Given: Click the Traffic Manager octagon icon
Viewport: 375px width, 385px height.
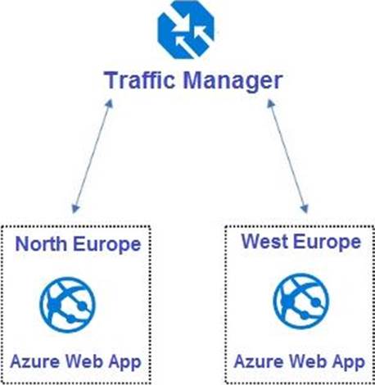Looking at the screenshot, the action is click(186, 29).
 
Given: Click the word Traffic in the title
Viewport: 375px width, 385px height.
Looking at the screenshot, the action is click(140, 80).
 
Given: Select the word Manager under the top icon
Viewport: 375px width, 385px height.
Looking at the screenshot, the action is click(233, 82).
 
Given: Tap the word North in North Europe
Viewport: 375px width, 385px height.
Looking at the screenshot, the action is click(41, 243).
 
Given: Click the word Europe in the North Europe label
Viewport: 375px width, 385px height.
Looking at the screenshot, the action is click(106, 245).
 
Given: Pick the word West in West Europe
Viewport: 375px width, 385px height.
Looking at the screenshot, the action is click(264, 242).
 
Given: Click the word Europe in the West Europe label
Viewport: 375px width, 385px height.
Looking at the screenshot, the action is click(327, 242).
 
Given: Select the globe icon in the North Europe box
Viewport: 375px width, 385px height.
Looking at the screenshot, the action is click(68, 305).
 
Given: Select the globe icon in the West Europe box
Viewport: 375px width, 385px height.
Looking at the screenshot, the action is click(301, 301).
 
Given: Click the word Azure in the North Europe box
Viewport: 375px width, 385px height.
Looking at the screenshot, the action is click(35, 361).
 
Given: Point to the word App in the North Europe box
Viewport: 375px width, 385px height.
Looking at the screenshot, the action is click(124, 363).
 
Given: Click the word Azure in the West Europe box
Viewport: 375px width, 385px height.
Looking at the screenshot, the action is click(259, 361).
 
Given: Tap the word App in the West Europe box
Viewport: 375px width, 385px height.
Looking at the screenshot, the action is click(349, 363).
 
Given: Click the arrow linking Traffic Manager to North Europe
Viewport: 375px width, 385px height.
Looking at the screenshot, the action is click(93, 156).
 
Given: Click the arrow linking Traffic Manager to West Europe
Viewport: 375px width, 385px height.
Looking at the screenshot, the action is click(287, 156).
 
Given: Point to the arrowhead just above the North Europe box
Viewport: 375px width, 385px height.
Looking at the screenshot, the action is click(75, 208).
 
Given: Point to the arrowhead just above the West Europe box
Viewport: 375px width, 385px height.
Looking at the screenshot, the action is click(305, 208).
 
